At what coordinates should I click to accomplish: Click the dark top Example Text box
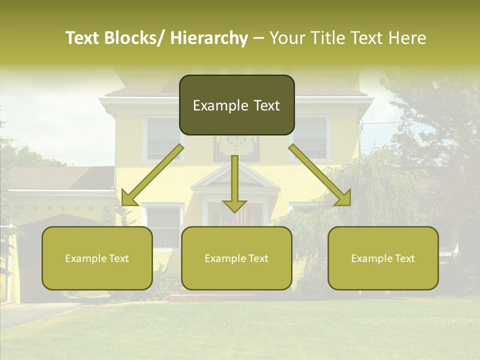click(236, 105)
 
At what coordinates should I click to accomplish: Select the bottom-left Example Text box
click(97, 258)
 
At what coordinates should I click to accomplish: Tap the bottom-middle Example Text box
click(236, 258)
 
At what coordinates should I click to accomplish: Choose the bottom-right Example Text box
click(383, 258)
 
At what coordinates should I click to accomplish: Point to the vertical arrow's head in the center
click(234, 205)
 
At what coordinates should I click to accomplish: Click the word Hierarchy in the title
click(208, 38)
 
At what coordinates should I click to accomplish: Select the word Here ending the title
click(407, 38)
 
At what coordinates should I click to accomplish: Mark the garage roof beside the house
click(60, 177)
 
